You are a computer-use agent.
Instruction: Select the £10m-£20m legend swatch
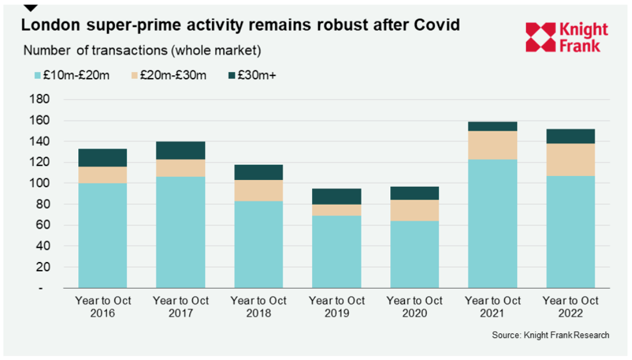tap(39, 75)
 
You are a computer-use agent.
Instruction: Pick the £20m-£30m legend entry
tap(169, 75)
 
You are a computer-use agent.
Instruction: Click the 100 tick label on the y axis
tap(42, 183)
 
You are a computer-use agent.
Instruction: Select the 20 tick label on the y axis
tap(45, 267)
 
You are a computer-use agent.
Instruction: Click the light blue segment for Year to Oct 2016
tap(103, 235)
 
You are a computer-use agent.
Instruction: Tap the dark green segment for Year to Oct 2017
tap(181, 150)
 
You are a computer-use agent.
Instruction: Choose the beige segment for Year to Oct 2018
tap(259, 190)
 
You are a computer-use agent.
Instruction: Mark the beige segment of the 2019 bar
tap(336, 210)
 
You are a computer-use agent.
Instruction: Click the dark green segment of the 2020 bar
tap(415, 193)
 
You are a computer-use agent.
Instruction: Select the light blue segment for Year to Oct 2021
tap(492, 224)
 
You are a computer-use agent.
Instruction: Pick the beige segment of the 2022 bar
tap(570, 160)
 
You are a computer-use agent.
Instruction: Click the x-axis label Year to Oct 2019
tap(336, 306)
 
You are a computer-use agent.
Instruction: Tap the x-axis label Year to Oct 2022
tap(570, 306)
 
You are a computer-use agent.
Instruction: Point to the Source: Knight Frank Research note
tap(550, 335)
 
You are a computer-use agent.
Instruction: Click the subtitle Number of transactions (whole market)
tap(142, 50)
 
